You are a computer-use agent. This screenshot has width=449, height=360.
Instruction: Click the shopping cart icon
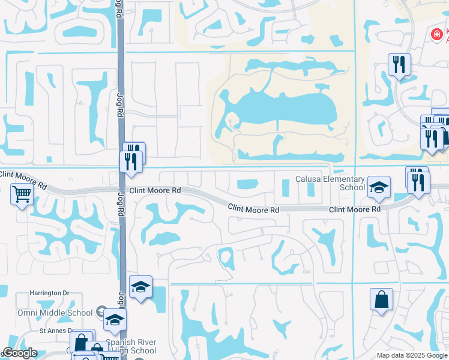tap(22, 194)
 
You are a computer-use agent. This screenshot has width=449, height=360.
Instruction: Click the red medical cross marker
tap(437, 35)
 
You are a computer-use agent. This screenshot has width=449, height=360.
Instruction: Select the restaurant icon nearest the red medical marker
tap(399, 64)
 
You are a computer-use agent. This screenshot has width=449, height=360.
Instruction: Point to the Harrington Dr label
tap(50, 293)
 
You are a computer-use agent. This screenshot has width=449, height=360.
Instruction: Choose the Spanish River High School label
tap(131, 347)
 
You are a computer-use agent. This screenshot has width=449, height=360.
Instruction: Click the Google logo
tap(20, 353)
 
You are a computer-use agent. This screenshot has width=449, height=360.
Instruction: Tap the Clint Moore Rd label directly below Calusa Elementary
tap(355, 209)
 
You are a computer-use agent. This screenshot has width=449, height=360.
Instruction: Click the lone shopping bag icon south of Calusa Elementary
tap(382, 299)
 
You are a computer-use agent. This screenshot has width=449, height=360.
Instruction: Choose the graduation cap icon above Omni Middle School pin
tap(140, 287)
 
